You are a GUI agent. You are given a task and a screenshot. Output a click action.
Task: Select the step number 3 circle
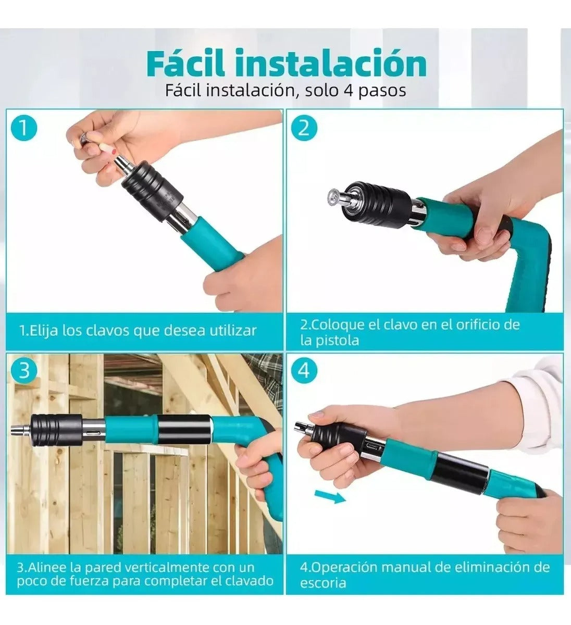tap(24, 370)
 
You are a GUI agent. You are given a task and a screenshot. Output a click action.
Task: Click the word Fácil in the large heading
tap(185, 63)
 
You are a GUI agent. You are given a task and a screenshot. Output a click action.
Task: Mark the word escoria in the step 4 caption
tap(323, 582)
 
